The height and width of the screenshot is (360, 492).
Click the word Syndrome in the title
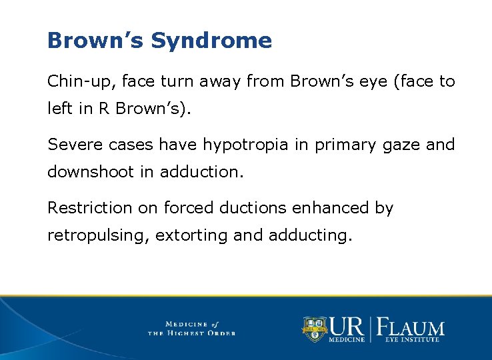[x=211, y=41]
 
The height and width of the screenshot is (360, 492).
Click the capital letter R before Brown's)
[x=103, y=108]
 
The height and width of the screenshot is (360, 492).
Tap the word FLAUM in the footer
[x=411, y=327]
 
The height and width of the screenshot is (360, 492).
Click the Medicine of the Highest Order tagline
[x=192, y=328]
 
